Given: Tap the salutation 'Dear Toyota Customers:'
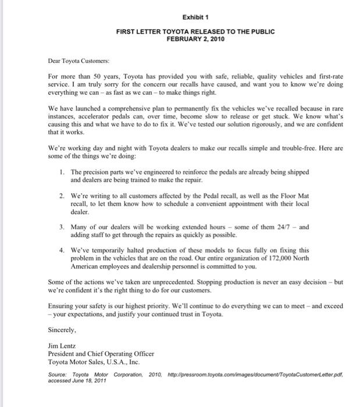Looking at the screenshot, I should point(79,59).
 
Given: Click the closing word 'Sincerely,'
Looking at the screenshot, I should point(63,329).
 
